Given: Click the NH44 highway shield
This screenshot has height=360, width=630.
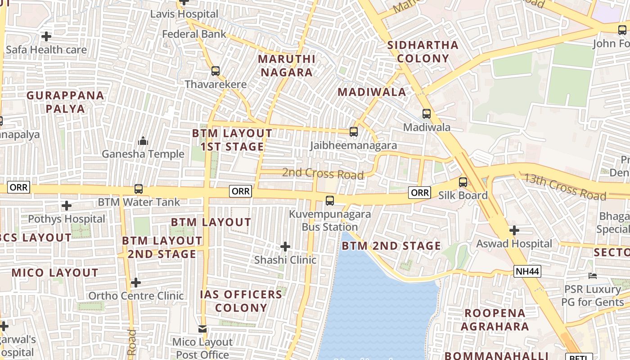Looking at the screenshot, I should click(x=527, y=271).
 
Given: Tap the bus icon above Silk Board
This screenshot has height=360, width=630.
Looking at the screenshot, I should click(x=463, y=182).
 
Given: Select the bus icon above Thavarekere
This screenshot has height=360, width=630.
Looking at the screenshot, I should click(x=216, y=71).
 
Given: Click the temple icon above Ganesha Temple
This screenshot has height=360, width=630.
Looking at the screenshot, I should click(x=143, y=141).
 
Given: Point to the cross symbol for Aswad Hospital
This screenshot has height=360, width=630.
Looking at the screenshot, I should click(x=514, y=230).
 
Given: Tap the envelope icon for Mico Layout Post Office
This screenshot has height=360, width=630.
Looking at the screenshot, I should click(x=202, y=329).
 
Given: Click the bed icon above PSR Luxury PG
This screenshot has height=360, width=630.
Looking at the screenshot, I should click(x=593, y=275).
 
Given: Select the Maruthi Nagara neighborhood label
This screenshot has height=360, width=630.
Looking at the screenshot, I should click(x=287, y=66).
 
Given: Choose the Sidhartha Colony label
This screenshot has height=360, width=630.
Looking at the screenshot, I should click(x=423, y=52).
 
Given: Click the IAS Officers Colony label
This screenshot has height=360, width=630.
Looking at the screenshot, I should click(x=241, y=301).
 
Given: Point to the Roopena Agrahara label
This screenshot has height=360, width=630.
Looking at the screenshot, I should click(x=495, y=319).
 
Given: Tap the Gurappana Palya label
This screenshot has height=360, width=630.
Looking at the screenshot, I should click(x=65, y=102).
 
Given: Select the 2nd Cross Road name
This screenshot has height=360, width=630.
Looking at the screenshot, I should click(x=323, y=173).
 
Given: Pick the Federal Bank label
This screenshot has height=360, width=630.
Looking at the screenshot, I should click(x=194, y=34).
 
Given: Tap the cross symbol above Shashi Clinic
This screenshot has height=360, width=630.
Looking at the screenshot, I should click(x=285, y=247).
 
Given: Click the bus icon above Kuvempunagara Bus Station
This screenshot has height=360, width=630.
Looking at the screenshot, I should click(x=330, y=201).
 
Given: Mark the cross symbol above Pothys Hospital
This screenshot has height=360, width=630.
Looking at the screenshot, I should click(x=67, y=206).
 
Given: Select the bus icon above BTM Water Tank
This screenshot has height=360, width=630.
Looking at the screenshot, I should click(x=139, y=189).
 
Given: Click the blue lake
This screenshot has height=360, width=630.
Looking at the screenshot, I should click(x=378, y=306).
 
